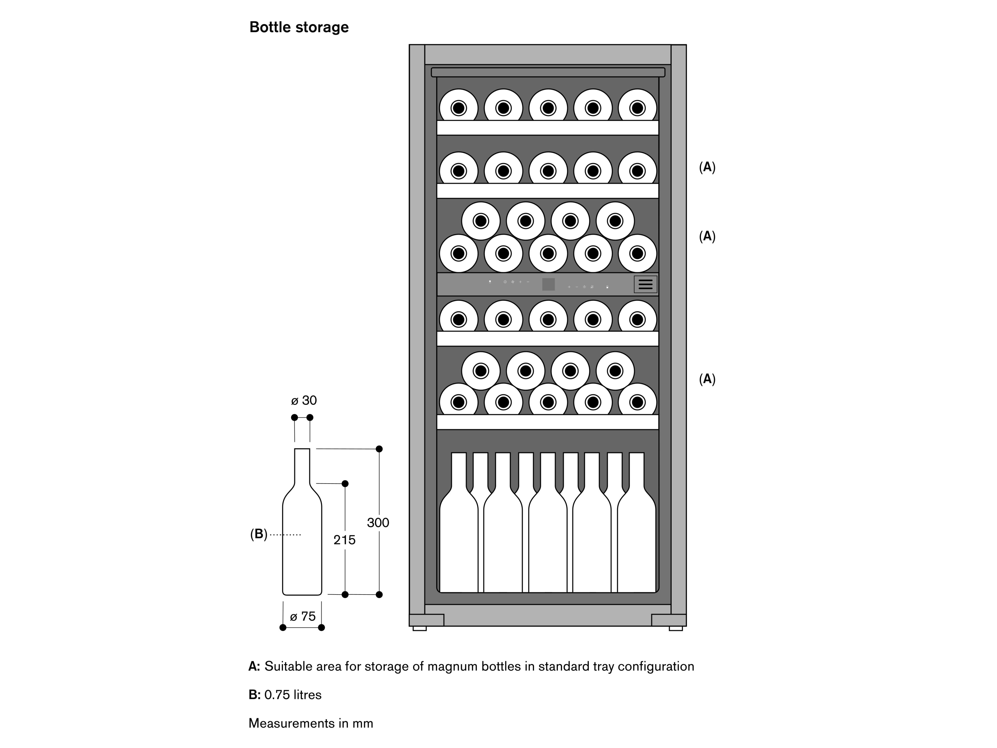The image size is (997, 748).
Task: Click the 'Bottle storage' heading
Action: click(299, 27)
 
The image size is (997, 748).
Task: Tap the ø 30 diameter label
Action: click(304, 400)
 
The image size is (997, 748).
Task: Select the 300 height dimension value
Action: click(378, 523)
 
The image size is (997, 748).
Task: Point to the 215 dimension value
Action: click(344, 540)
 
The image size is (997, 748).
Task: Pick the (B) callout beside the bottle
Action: click(259, 534)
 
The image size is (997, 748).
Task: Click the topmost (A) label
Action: click(707, 167)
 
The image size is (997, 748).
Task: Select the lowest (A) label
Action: click(707, 379)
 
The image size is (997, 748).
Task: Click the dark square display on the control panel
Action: click(548, 284)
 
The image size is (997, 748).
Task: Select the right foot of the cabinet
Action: click(675, 628)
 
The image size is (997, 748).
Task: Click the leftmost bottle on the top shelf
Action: click(458, 107)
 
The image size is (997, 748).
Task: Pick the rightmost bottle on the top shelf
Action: click(637, 107)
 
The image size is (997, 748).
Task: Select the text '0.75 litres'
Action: click(293, 695)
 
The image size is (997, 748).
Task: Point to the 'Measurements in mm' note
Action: click(311, 723)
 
